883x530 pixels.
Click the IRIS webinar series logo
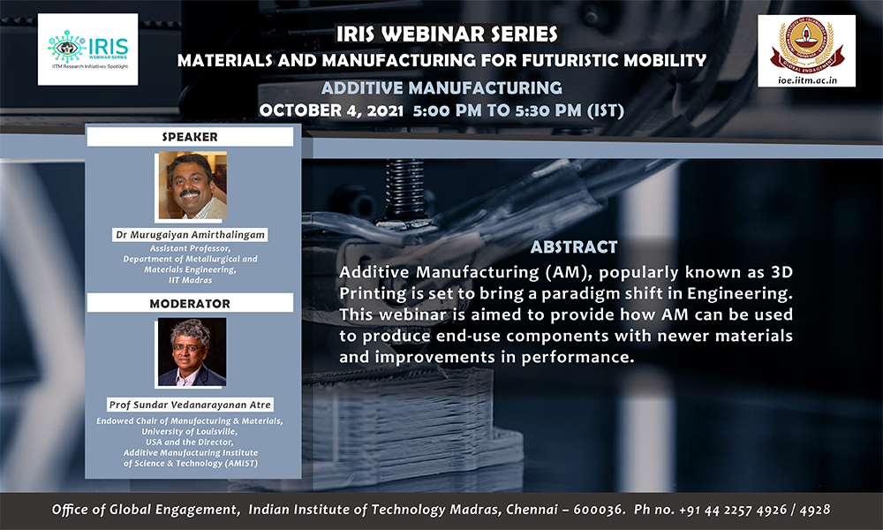point(87,49)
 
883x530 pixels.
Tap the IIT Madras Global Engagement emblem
point(806,45)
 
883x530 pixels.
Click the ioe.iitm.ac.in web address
point(807,80)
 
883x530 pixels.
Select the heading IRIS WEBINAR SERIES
point(447,34)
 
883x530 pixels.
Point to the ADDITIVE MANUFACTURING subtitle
point(441,87)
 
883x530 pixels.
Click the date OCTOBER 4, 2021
point(331,110)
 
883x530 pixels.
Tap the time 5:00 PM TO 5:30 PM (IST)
point(518,110)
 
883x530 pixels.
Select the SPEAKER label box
point(190,137)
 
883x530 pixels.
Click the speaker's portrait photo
point(192,185)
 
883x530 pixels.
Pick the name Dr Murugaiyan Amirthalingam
point(191,234)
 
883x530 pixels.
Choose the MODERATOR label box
point(190,303)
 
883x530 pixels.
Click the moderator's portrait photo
point(192,352)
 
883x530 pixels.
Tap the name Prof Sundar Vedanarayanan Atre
point(190,405)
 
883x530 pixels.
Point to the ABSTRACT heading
point(574,247)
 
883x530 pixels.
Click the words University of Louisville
point(190,431)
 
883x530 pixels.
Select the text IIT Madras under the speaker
point(191,280)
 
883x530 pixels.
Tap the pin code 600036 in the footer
point(598,510)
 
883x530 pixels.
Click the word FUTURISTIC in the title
point(572,60)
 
